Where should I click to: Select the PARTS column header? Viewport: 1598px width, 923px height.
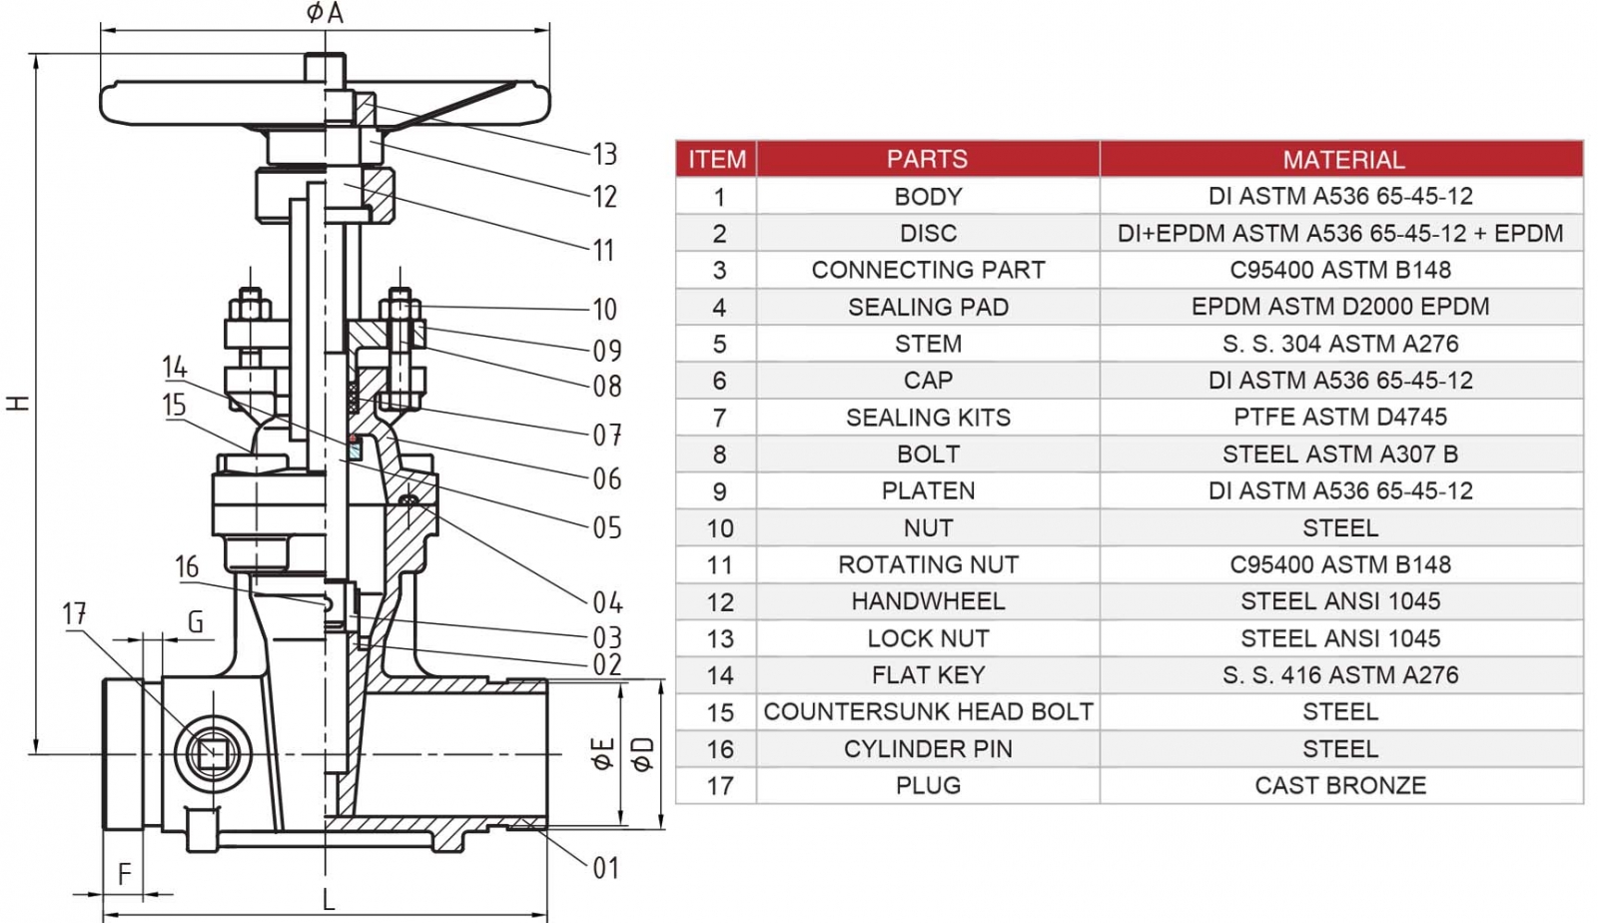point(927,159)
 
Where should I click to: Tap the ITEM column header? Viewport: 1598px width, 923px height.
point(716,159)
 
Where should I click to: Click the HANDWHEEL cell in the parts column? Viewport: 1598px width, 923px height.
point(927,601)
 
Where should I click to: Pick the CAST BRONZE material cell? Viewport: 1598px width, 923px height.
point(1340,786)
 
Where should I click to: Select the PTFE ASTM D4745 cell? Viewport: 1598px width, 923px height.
point(1340,418)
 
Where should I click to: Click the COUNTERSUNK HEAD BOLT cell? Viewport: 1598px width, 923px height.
point(927,712)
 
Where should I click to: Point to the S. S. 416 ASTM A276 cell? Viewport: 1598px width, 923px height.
point(1340,675)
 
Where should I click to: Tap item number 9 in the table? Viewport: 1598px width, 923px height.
point(719,491)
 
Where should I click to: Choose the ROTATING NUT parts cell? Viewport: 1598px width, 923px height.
point(927,564)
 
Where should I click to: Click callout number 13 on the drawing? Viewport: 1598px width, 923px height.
point(604,154)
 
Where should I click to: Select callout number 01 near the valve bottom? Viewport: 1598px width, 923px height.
point(605,868)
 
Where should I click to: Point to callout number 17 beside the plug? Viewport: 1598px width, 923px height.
point(74,613)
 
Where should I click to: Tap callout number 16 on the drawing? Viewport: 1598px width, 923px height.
point(187,567)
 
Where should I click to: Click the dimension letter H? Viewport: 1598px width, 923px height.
point(18,403)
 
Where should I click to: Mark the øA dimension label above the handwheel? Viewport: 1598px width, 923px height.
point(324,13)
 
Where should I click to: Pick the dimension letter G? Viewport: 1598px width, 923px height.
point(196,622)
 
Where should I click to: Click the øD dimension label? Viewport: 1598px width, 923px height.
point(642,754)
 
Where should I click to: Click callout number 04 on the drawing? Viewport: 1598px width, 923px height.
point(606,602)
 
